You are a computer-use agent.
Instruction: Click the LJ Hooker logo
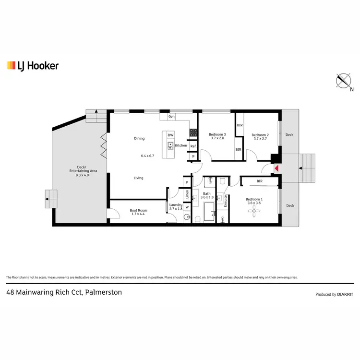point(33,66)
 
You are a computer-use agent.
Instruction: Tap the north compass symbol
point(344,81)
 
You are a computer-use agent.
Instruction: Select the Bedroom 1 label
point(254,199)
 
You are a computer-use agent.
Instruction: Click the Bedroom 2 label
point(260,135)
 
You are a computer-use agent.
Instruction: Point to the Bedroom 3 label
point(217,135)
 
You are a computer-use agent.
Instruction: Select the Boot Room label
point(139,210)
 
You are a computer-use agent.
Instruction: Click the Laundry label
point(176,205)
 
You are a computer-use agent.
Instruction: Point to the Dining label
point(139,139)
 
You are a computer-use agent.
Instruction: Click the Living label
point(139,178)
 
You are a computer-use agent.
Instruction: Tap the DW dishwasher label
point(170,135)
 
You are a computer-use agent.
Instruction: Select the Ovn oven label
point(171,117)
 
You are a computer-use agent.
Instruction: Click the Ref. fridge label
point(193,146)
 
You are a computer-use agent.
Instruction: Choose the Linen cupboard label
point(187,194)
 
